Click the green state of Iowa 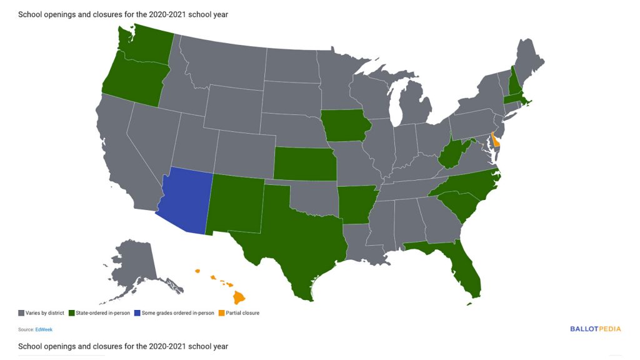point(346,126)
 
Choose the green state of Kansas point(304,164)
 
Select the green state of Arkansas point(357,204)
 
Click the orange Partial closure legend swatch point(221,312)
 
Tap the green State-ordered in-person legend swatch point(72,312)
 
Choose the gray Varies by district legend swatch point(21,312)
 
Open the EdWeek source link point(43,329)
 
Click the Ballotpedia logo point(596,328)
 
